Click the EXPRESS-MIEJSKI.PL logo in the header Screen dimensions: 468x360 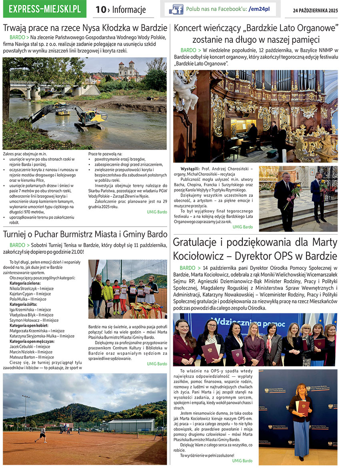pos(44,9)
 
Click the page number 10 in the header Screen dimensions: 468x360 pos(100,10)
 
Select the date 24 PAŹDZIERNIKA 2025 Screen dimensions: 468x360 pos(315,10)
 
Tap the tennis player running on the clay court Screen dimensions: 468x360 pos(42,434)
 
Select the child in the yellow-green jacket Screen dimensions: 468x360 pos(107,294)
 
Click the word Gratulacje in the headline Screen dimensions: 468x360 pos(198,243)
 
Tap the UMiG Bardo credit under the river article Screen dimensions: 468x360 pos(157,212)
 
